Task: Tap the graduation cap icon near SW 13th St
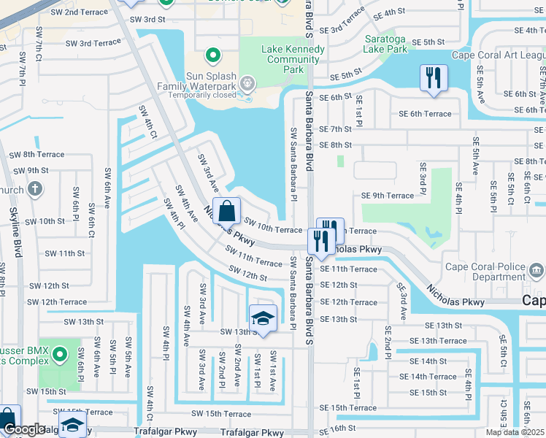coord(264,318)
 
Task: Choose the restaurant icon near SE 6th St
coord(434,77)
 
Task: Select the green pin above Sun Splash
coord(213,55)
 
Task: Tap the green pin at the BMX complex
coord(62,356)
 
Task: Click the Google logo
coord(23,430)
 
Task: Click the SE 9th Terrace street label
coord(388,196)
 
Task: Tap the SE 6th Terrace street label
coord(425,114)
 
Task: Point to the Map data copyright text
coord(515,432)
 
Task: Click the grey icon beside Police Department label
coord(537,272)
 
